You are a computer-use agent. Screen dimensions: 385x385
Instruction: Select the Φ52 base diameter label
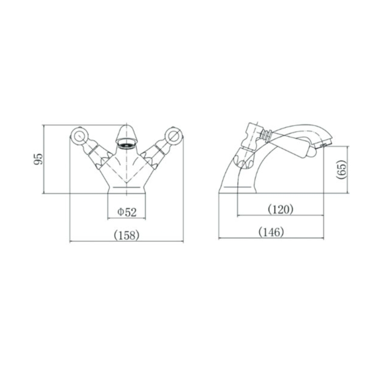click(x=127, y=212)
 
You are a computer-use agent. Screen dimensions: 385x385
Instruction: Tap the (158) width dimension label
click(x=126, y=235)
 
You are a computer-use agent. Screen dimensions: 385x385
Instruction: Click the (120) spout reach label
click(x=280, y=209)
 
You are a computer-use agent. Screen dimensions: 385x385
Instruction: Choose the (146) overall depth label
click(x=271, y=232)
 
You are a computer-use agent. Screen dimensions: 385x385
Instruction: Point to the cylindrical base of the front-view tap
click(x=126, y=189)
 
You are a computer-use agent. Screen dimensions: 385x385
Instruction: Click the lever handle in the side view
click(x=295, y=146)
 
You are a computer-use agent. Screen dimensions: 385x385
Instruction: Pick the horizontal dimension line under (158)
click(x=126, y=242)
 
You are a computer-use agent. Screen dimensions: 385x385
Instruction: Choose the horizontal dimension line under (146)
click(x=271, y=238)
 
